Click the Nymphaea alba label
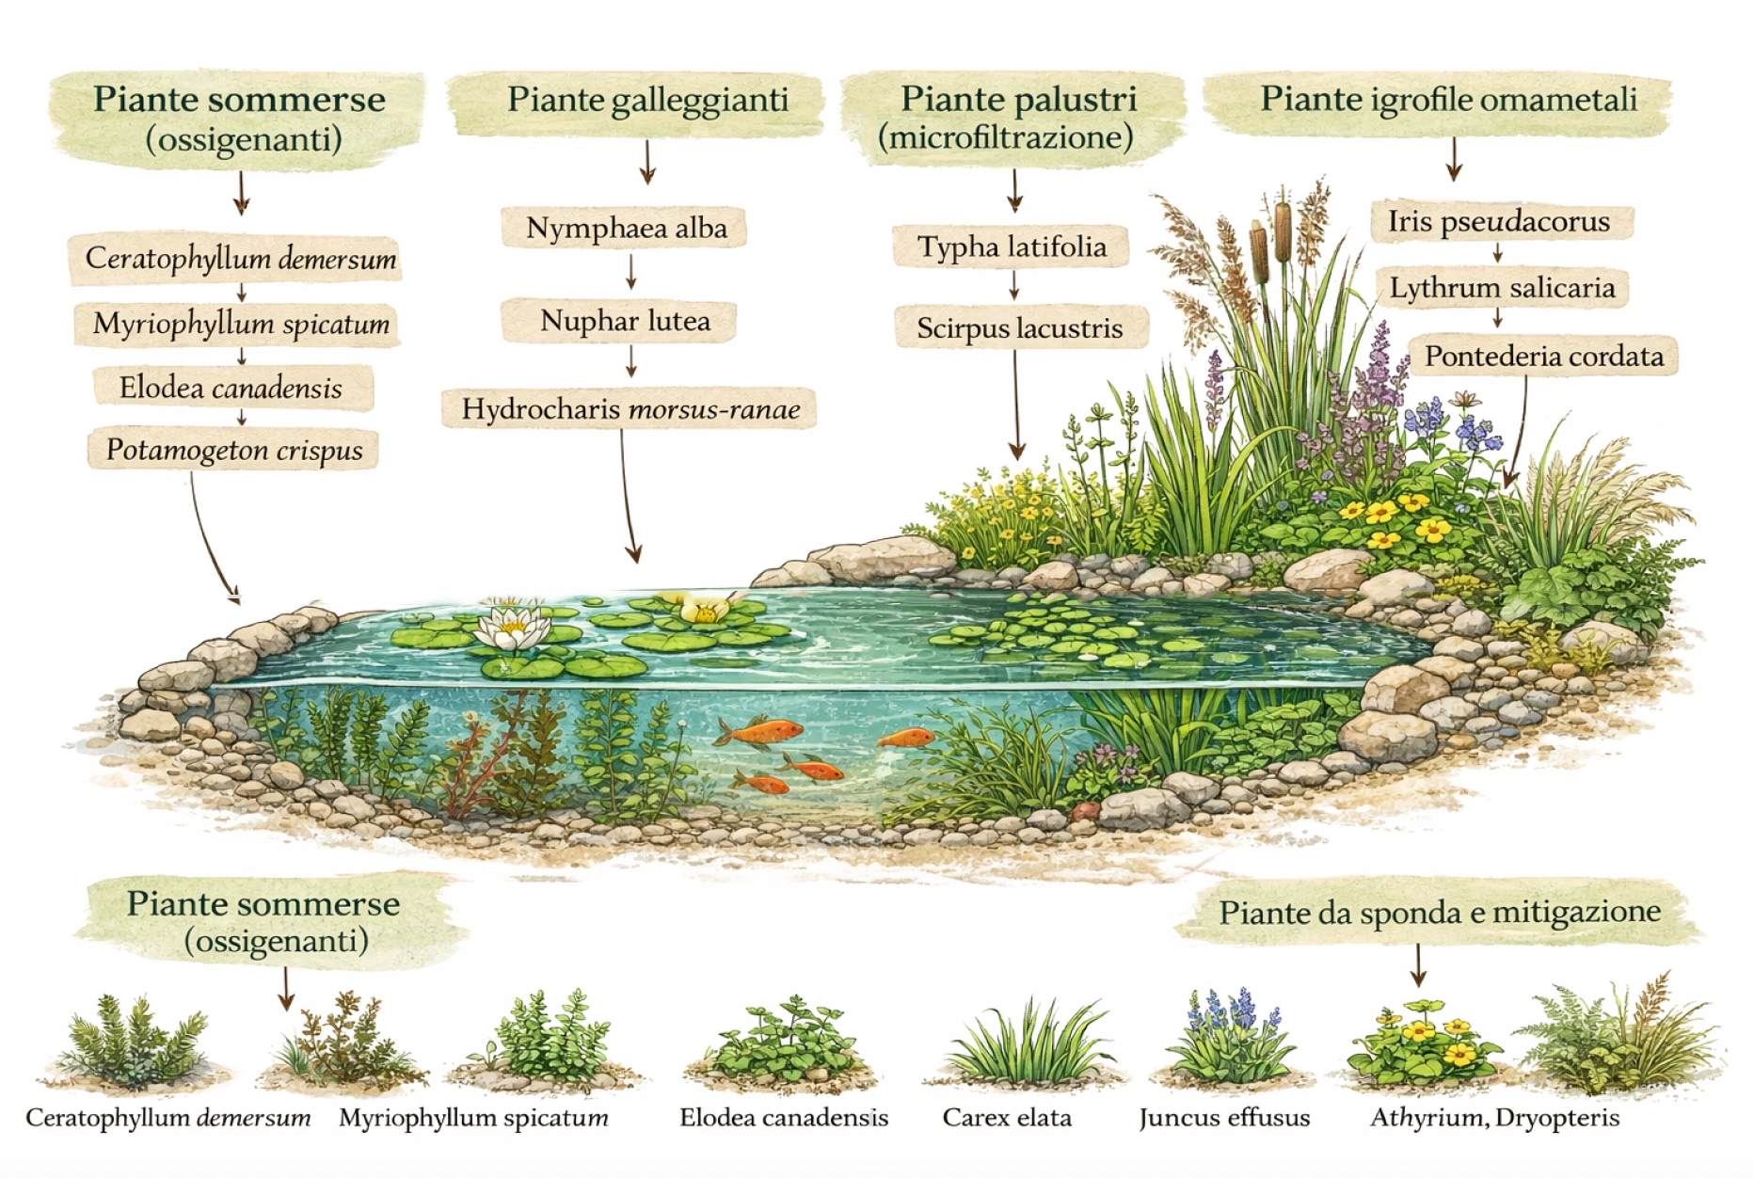tap(626, 229)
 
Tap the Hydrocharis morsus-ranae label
tap(630, 409)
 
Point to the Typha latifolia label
tap(1012, 247)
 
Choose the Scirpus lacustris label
tap(1019, 328)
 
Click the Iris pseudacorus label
tap(1498, 222)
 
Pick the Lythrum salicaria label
tap(1502, 288)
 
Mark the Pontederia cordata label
tap(1543, 357)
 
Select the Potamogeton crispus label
tap(233, 450)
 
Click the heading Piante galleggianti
tap(647, 100)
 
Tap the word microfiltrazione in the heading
tap(1005, 138)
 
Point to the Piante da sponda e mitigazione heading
tap(1439, 912)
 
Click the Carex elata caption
tap(1007, 1118)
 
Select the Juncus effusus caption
tap(1223, 1118)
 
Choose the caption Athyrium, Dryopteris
tap(1494, 1118)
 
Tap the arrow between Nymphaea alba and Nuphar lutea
tap(631, 272)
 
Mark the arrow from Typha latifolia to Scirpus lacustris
tap(1014, 285)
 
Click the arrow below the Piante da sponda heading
tap(1418, 965)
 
